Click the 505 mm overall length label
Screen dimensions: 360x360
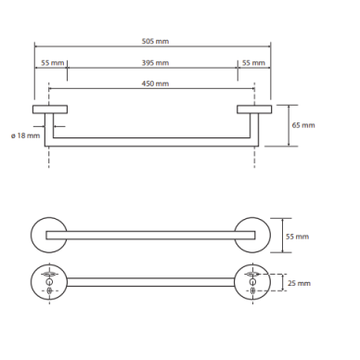click(x=155, y=41)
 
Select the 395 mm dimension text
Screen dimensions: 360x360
click(x=155, y=63)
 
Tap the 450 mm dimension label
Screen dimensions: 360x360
click(x=155, y=84)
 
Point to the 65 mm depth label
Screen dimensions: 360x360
click(x=303, y=125)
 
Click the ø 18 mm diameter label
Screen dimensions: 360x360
click(x=26, y=135)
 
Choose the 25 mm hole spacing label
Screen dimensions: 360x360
click(x=299, y=283)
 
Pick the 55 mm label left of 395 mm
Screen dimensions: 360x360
click(x=53, y=63)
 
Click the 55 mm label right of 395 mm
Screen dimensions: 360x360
click(x=253, y=63)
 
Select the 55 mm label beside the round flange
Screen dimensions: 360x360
click(x=297, y=237)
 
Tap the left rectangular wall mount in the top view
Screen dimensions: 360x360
click(x=50, y=109)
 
